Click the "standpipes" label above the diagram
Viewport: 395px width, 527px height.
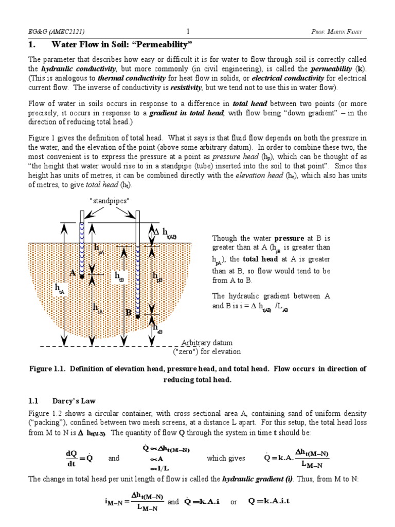pos(110,201)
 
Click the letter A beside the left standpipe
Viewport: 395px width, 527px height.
pos(73,273)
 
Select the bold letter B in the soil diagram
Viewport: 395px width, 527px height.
pos(129,312)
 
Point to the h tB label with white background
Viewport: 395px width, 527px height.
pos(119,278)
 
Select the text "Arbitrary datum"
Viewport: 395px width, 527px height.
pos(207,343)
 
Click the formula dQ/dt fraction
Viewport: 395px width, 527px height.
pos(71,458)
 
